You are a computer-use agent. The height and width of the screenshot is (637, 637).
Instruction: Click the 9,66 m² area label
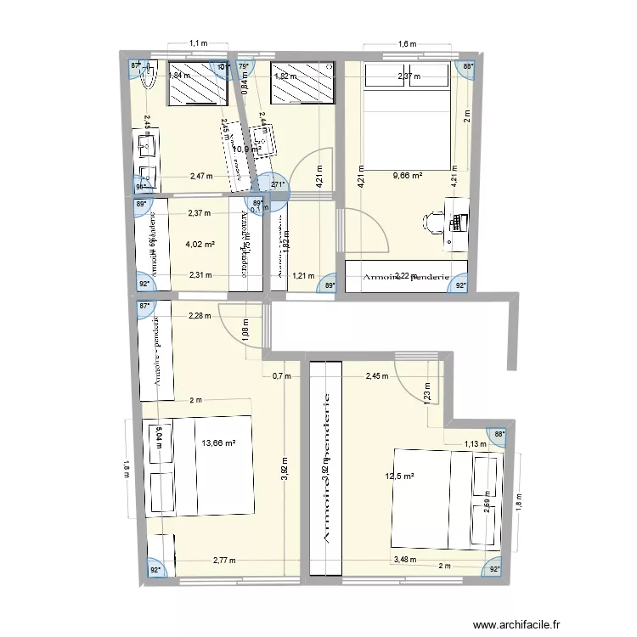coord(407,176)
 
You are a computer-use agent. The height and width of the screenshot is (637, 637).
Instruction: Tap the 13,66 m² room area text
coord(218,443)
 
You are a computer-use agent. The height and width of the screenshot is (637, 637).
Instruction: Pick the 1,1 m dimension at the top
coord(198,42)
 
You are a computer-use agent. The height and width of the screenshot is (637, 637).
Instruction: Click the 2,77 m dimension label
coord(224,561)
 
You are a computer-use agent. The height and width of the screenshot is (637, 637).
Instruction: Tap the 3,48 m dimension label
coord(404,559)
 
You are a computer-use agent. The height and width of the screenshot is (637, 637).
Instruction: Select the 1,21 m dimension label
coord(303,275)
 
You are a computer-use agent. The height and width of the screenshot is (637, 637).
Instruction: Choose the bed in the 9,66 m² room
coord(406,119)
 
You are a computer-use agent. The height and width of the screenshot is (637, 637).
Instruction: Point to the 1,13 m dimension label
coord(475,443)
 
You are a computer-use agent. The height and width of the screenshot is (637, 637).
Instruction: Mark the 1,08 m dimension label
coord(245,328)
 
